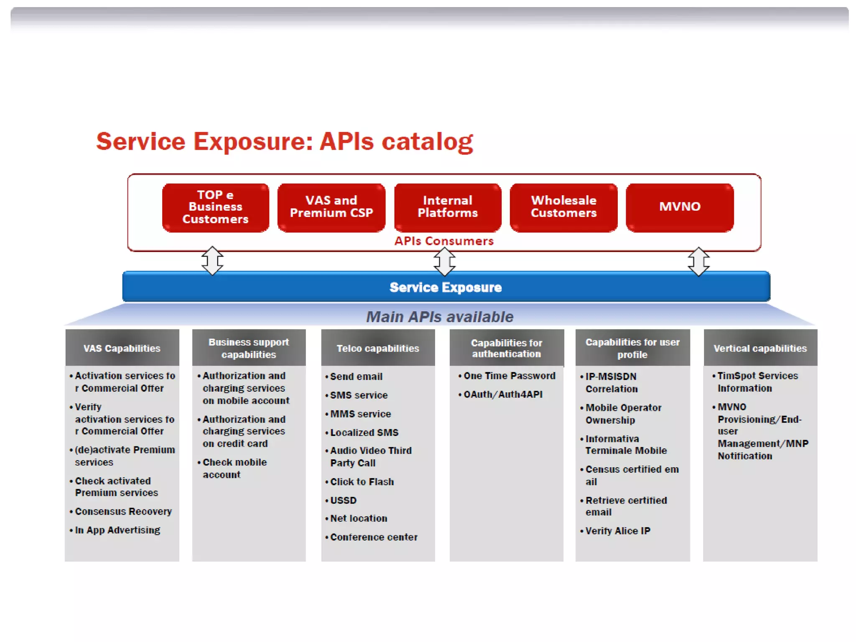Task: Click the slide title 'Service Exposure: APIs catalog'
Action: tap(284, 141)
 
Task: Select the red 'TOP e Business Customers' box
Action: tap(215, 207)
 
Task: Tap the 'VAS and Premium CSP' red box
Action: tap(331, 207)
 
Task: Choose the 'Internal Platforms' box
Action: tap(448, 207)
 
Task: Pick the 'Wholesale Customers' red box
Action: tap(563, 207)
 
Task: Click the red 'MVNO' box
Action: tap(680, 207)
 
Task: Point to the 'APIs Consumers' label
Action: tap(444, 241)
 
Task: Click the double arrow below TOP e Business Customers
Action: tap(212, 261)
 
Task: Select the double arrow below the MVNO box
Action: tap(698, 262)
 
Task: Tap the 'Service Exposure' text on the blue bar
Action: tap(446, 288)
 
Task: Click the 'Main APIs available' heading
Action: tap(440, 317)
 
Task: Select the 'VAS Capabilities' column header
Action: tap(122, 348)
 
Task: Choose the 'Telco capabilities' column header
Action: tap(378, 348)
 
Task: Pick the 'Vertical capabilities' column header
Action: tap(760, 348)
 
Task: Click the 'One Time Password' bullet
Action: tap(509, 376)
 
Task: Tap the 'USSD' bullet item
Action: tap(343, 500)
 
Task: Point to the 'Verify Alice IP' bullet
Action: tap(617, 531)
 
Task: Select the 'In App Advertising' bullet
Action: tap(117, 530)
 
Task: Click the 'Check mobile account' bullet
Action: tap(234, 468)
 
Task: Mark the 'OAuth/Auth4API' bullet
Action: tap(503, 394)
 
